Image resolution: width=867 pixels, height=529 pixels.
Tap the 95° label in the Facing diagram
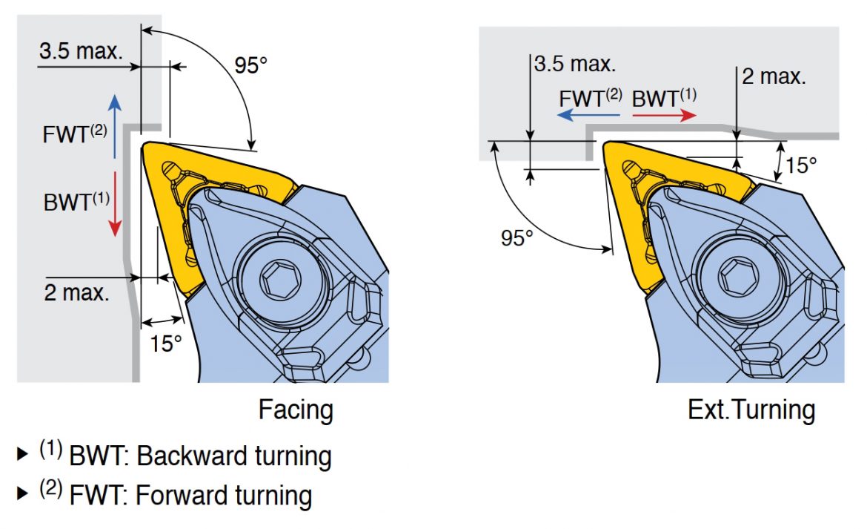coord(250,65)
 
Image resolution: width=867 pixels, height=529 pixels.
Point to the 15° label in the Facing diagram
coord(166,344)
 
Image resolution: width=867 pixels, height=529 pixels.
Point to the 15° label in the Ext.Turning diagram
coord(800,165)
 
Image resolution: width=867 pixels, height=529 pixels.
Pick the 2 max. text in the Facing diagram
coord(76,293)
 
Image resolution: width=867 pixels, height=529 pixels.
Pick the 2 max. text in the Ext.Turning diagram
coord(774,76)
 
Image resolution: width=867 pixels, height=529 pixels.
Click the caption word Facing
coord(296,410)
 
